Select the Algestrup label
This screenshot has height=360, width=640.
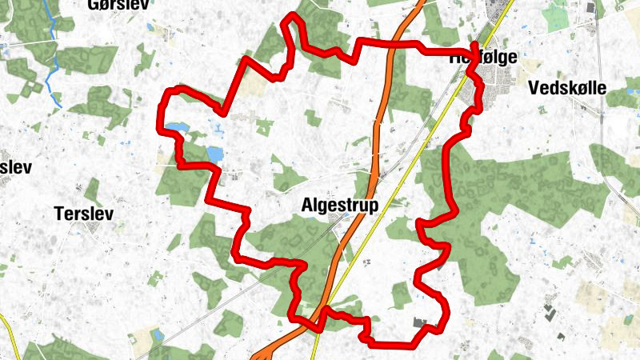[x=342, y=204]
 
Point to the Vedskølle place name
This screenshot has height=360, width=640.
[x=578, y=88]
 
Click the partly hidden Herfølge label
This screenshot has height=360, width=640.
[x=483, y=58]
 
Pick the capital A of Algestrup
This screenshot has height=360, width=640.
[x=308, y=204]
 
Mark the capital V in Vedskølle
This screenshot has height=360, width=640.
[x=534, y=88]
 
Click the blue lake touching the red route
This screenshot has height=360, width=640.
[x=177, y=127]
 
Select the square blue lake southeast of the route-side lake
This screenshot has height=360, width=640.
[x=214, y=152]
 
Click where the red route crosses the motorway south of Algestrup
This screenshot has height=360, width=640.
[x=321, y=314]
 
